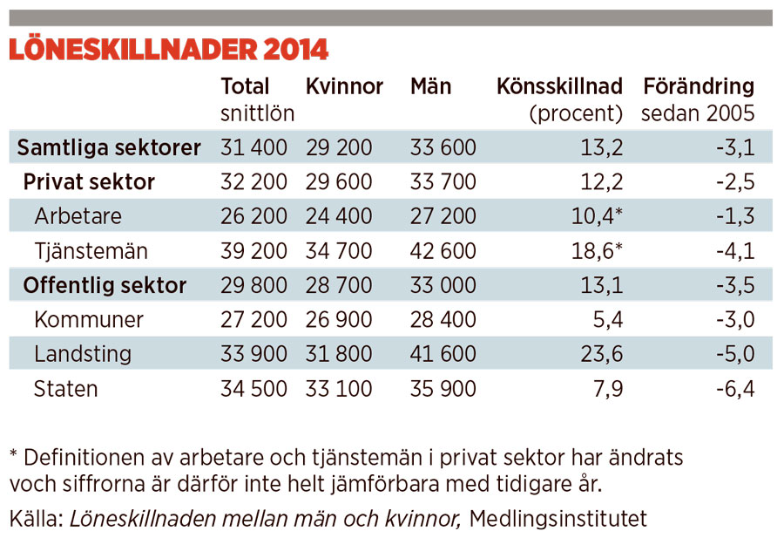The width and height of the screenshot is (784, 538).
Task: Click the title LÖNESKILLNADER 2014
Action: [168, 50]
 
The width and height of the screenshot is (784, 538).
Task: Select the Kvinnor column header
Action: [344, 86]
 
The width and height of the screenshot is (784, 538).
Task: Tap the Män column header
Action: [430, 86]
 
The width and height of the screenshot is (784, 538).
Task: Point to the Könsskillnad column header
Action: [559, 86]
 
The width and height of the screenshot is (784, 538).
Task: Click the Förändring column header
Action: [698, 86]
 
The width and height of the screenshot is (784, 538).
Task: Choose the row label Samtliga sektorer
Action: [109, 147]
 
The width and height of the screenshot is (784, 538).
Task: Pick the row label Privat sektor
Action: [89, 182]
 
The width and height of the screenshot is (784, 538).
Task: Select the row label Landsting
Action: [83, 354]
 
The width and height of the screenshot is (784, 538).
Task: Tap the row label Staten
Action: [66, 389]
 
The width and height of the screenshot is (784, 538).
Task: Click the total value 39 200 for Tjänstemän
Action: [253, 251]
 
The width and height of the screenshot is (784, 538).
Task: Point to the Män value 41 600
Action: [443, 354]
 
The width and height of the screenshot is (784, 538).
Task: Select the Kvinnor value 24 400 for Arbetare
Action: [339, 216]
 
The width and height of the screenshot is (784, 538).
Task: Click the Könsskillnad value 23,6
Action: [602, 354]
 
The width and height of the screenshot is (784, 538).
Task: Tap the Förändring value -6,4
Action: [734, 389]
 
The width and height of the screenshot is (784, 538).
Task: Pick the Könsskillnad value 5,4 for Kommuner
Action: [607, 320]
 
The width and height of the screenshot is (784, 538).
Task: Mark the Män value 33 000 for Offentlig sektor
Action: [443, 285]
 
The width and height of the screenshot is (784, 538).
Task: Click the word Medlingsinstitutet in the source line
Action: [558, 520]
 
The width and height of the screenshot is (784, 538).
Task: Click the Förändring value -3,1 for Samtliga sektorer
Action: [734, 147]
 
